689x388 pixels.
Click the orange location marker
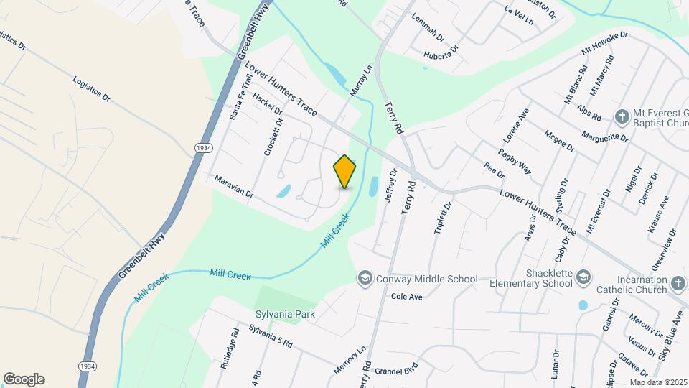click(x=345, y=172)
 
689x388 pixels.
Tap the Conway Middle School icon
click(x=365, y=278)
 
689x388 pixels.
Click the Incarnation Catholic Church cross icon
click(x=678, y=283)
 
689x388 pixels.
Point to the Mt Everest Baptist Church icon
click(x=622, y=116)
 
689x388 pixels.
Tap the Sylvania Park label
click(x=285, y=314)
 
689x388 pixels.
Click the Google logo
click(x=24, y=379)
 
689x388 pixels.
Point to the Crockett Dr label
click(x=271, y=137)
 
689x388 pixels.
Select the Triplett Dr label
click(x=443, y=218)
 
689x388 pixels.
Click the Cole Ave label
click(x=406, y=296)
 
